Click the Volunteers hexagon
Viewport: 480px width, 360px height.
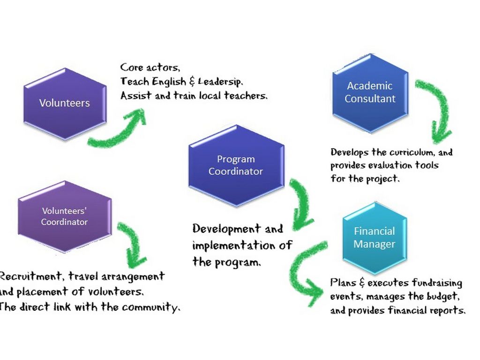click(65, 103)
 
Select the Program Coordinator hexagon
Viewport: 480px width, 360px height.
click(236, 165)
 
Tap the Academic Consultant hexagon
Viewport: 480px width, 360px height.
click(370, 92)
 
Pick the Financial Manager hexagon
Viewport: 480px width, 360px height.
click(374, 238)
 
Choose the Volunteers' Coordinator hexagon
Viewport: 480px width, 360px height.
click(64, 217)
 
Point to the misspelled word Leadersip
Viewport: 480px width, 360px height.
click(220, 81)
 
